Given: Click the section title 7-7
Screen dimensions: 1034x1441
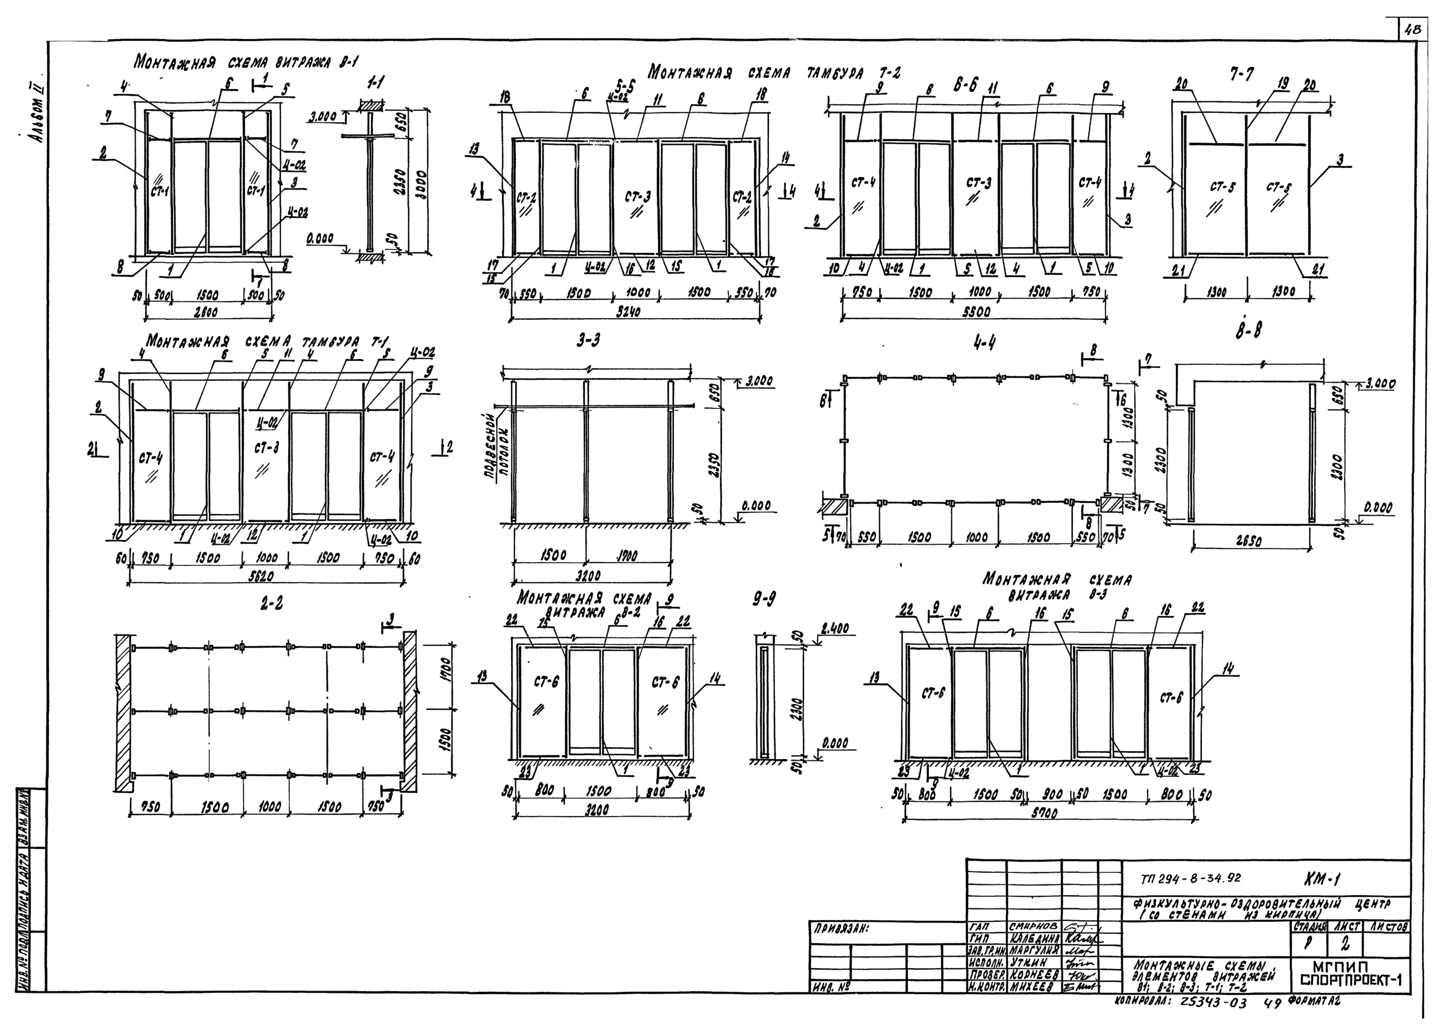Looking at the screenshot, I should (1240, 74).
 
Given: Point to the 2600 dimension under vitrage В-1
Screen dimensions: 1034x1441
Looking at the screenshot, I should (206, 312).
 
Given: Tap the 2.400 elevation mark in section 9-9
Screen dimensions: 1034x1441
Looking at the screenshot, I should (834, 629).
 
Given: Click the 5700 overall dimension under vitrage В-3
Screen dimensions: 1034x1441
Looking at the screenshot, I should (1044, 813).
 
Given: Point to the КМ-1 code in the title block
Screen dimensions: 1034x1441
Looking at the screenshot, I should (1321, 879).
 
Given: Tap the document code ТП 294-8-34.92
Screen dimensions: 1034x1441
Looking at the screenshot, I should (1190, 880).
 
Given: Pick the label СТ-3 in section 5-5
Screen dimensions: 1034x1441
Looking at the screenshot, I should (638, 197).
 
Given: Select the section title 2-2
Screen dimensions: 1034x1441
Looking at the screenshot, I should (271, 604).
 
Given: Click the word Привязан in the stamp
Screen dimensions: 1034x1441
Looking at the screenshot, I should (840, 929).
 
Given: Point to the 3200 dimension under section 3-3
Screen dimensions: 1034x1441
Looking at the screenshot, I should (588, 576).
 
